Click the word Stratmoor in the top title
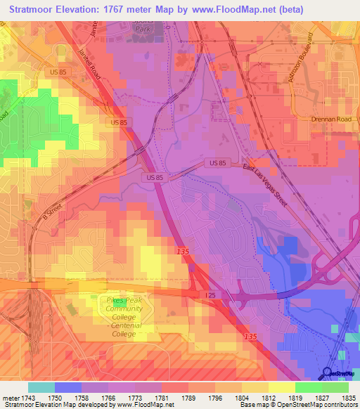pyautogui.click(x=36, y=11)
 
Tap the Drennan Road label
pyautogui.click(x=330, y=119)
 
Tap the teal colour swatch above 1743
pyautogui.click(x=41, y=387)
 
